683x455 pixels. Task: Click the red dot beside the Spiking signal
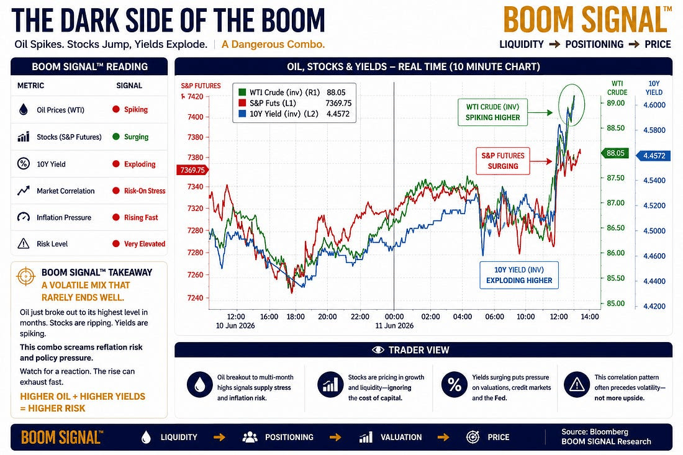[116, 109]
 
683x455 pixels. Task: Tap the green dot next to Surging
[116, 137]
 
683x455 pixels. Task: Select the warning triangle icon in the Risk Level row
[23, 244]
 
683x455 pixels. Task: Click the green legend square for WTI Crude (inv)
[242, 92]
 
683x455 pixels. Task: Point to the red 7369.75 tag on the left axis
[192, 170]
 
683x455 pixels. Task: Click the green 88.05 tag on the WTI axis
[615, 153]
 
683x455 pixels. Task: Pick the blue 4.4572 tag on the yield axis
[653, 156]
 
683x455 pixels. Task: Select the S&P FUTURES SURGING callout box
[503, 161]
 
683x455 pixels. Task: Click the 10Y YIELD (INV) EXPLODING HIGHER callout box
[519, 275]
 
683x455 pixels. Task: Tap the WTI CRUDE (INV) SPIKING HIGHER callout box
[492, 112]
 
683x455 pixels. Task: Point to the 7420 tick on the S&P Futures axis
[195, 97]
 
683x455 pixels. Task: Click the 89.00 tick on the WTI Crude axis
[615, 103]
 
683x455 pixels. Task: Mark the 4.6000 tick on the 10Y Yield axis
[654, 105]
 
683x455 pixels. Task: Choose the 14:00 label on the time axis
[590, 317]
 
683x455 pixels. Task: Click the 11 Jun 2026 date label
[394, 326]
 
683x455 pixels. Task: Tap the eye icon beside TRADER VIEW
[378, 350]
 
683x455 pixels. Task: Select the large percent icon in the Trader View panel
[455, 384]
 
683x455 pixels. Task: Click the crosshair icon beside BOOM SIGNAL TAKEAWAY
[25, 276]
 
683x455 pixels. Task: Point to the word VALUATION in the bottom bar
[401, 437]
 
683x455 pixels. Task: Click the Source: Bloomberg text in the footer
[595, 432]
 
